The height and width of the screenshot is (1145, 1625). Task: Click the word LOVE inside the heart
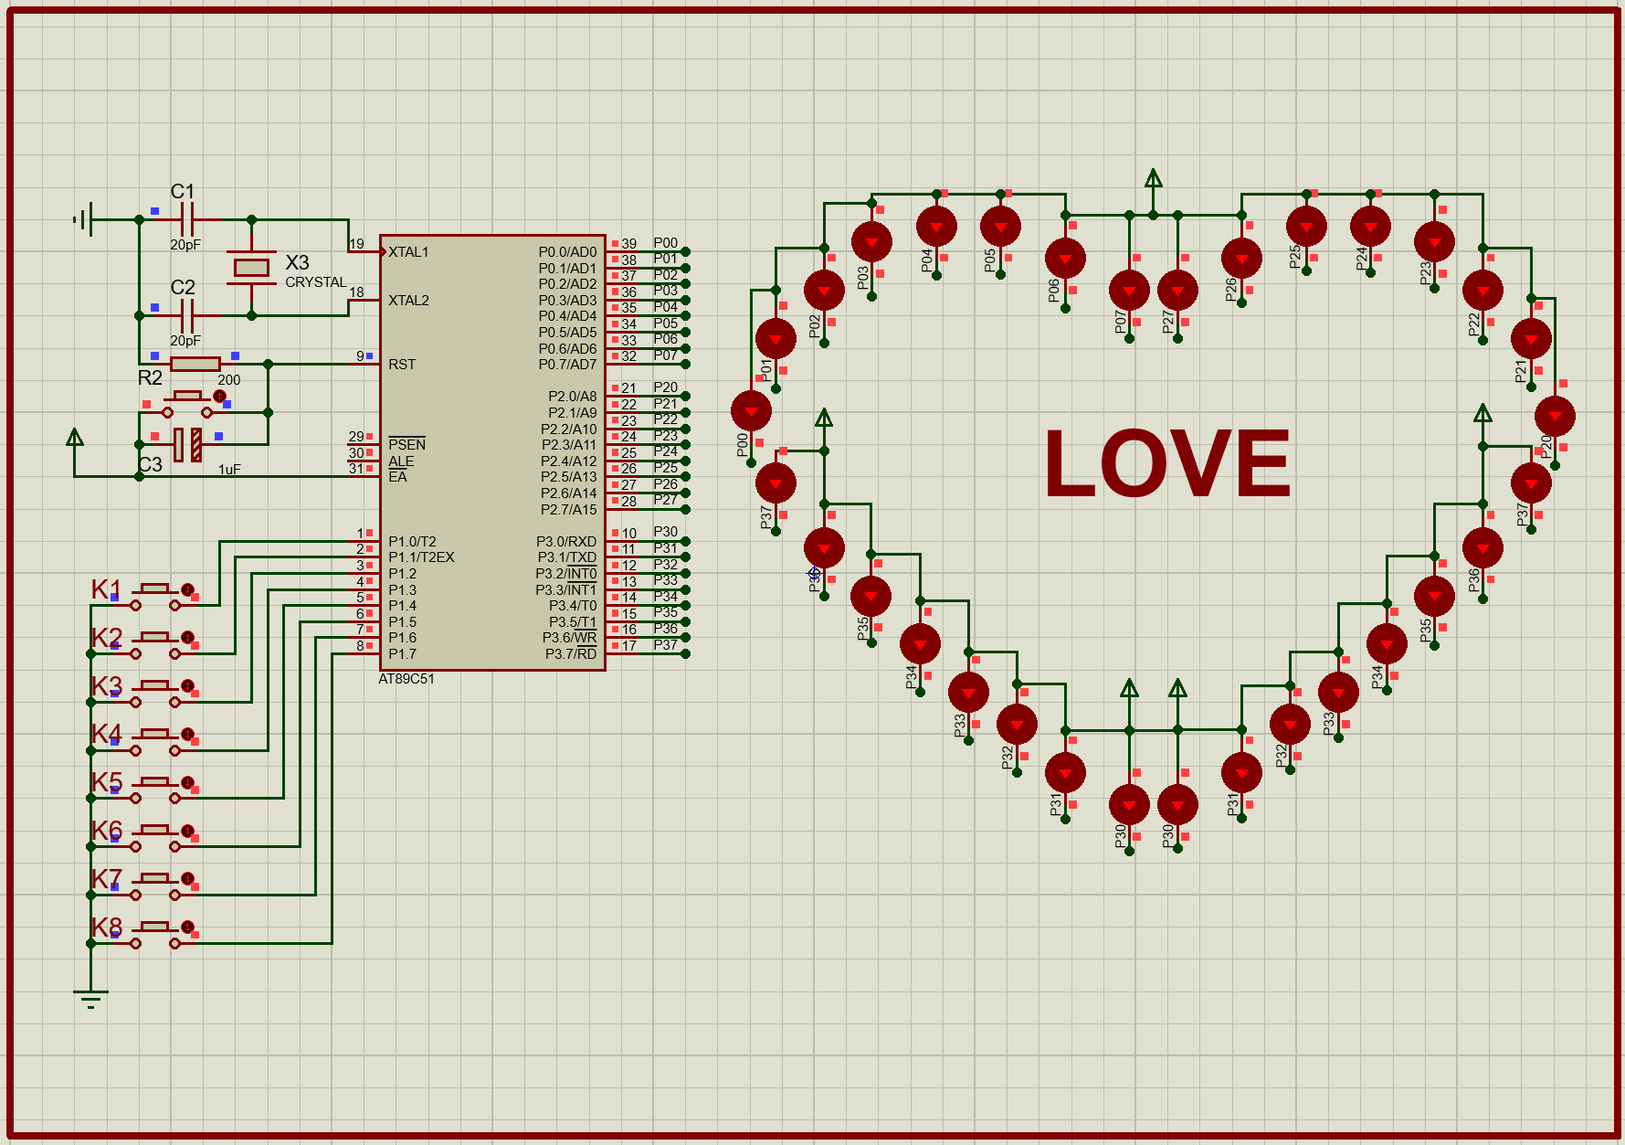pos(1167,463)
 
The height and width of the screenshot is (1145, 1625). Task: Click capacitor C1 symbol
pos(186,220)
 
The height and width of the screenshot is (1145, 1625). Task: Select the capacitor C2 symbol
pos(186,316)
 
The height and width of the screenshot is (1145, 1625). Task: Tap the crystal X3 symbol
pos(251,267)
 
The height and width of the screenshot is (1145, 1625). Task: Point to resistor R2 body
pos(195,364)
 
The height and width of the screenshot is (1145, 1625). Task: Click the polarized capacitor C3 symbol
pos(187,445)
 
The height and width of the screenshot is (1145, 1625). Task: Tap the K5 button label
pos(107,782)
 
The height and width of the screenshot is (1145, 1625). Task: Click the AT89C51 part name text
pos(406,679)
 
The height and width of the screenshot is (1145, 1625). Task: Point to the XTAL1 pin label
pos(408,252)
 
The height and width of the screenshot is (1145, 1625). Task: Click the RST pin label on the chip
pos(402,365)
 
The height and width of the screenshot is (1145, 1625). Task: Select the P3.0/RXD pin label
pos(566,542)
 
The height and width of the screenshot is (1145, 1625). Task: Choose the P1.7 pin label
pos(402,654)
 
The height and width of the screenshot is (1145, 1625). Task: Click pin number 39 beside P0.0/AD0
pos(629,244)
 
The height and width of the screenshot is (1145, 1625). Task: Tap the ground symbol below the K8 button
pos(90,997)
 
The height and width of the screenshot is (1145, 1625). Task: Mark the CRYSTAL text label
pos(315,282)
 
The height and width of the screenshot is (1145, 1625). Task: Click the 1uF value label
pos(229,470)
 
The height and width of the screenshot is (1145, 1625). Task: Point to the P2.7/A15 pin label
pos(568,510)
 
